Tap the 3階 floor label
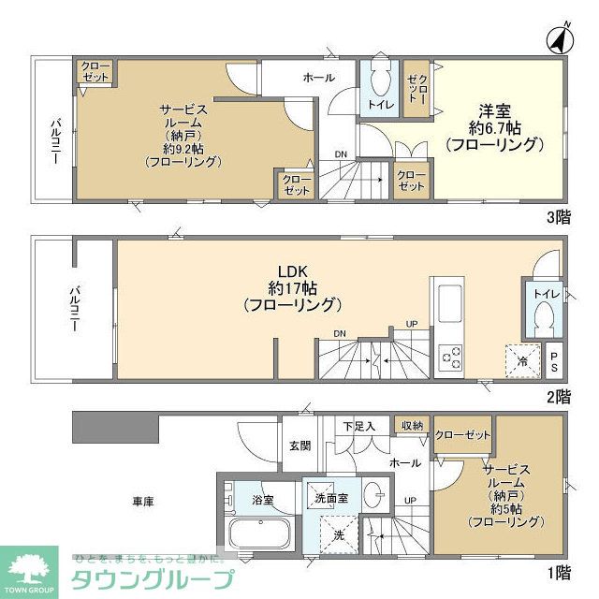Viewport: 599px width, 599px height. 558,217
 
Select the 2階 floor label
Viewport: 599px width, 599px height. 558,396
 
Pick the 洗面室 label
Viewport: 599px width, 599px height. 331,498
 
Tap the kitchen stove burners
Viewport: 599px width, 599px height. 451,357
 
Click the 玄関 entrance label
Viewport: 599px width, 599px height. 299,445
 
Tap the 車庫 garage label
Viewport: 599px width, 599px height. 142,502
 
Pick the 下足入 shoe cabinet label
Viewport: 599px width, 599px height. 358,427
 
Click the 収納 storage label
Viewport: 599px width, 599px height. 411,426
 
